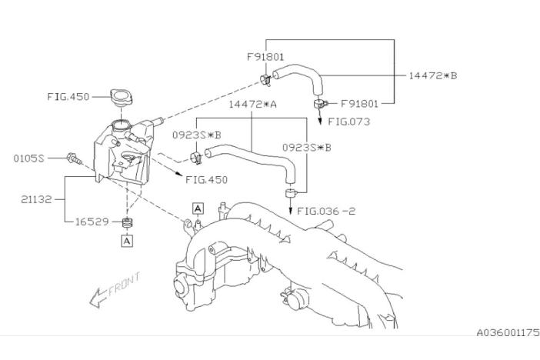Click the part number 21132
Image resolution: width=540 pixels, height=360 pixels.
pos(36,199)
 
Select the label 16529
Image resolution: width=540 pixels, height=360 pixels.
pos(92,222)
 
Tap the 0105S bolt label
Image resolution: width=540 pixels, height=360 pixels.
pos(29,158)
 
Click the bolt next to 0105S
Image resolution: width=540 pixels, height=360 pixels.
pos(75,158)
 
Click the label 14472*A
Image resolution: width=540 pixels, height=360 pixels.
pos(253,105)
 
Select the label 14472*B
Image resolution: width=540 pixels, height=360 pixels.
pos(433,75)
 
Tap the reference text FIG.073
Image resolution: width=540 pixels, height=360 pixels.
pos(349,122)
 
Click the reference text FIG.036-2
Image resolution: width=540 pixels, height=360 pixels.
pos(326,211)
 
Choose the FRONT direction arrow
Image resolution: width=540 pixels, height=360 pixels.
pos(98,297)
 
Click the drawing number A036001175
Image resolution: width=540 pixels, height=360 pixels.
pos(508,332)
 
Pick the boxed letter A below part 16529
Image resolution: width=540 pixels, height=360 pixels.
pos(127,241)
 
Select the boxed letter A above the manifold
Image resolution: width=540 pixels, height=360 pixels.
pos(198,208)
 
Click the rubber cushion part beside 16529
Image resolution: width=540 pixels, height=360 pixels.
pos(128,222)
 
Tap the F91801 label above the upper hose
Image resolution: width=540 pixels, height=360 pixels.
pos(265,57)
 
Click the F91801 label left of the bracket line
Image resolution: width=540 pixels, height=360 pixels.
pos(359,104)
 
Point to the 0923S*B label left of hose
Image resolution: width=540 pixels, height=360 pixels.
pos(196,135)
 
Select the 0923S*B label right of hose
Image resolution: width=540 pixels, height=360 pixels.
pos(306,148)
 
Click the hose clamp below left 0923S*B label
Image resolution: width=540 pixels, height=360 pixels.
pos(196,158)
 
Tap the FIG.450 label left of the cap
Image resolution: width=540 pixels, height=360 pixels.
pos(68,96)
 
